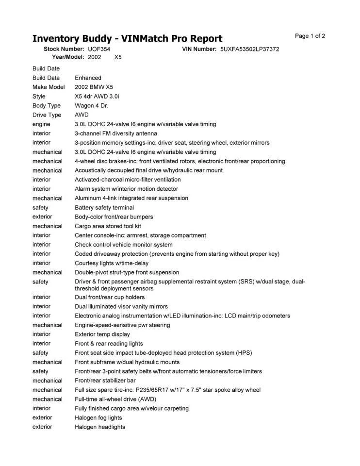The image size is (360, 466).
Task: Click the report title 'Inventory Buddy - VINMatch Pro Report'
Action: [x=127, y=39]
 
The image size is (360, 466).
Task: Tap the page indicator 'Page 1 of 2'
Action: [x=310, y=36]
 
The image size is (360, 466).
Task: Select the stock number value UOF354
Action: [x=99, y=49]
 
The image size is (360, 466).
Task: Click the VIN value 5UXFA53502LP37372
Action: [x=249, y=49]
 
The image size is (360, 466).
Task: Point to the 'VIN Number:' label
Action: [x=199, y=49]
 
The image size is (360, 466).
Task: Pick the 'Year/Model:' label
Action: [x=68, y=57]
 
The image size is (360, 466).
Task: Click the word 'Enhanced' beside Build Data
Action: [x=88, y=78]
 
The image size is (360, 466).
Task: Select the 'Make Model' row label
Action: [x=49, y=87]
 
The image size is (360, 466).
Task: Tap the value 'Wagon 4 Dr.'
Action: [x=91, y=105]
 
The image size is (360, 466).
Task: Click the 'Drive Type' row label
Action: [x=47, y=115]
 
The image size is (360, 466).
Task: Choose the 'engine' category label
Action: [x=41, y=124]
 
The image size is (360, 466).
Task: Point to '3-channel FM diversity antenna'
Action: [x=115, y=133]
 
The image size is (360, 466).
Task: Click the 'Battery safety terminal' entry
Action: [x=104, y=208]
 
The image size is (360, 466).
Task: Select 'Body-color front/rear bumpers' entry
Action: [x=114, y=217]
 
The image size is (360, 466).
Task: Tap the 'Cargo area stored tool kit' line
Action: [x=108, y=226]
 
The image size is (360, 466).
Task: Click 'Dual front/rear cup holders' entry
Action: [x=110, y=297]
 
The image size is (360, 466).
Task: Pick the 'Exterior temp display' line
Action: [x=102, y=334]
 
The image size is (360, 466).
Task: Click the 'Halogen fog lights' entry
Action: [x=98, y=418]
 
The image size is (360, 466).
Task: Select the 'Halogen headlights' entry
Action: [x=99, y=427]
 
